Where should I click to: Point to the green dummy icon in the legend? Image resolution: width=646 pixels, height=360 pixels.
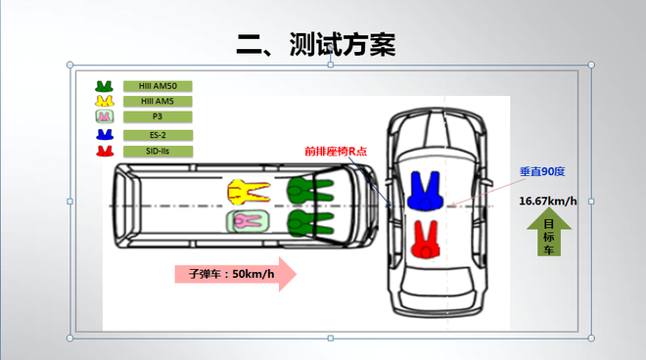tap(104, 86)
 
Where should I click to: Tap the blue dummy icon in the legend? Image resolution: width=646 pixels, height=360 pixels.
tap(104, 135)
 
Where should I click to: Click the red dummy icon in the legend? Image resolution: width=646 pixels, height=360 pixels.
tap(104, 151)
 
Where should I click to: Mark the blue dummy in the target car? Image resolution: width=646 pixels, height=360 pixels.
tap(427, 190)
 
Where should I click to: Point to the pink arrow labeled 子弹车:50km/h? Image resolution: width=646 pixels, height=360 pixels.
tap(235, 274)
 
